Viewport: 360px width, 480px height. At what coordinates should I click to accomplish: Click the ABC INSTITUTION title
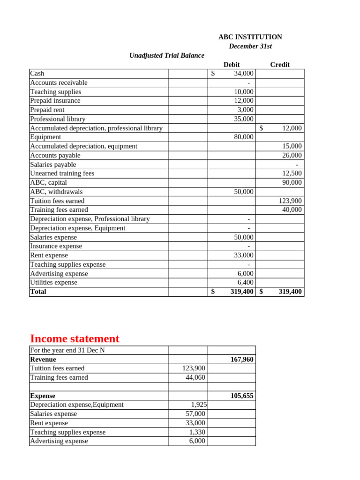pos(250,37)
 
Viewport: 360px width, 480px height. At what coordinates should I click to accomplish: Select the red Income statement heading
pos(75,338)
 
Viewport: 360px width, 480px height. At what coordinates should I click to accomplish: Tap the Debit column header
pos(232,65)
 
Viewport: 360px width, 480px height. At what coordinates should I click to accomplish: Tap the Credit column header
pos(280,65)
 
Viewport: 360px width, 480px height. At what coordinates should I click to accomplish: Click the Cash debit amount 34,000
pos(243,73)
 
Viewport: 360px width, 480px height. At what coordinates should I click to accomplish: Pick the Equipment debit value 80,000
pos(243,137)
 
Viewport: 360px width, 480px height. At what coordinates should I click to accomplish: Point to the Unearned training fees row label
pos(62,173)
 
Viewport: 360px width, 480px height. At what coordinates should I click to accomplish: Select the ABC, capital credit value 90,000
pos(292,182)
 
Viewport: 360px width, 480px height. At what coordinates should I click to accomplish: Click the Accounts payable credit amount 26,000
pos(292,155)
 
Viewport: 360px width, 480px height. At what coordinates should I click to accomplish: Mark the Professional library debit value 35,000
pos(243,119)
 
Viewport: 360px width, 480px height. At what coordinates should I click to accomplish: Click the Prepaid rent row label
pos(47,110)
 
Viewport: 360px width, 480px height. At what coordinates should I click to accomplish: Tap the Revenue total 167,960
pos(242,360)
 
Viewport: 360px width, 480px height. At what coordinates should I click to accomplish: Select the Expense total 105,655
pos(242,396)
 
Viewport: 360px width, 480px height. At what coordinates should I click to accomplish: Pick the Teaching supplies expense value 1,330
pos(197,432)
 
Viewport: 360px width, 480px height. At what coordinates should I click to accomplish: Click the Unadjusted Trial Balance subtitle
pos(166,55)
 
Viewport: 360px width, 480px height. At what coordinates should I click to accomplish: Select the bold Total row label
pos(38,292)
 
